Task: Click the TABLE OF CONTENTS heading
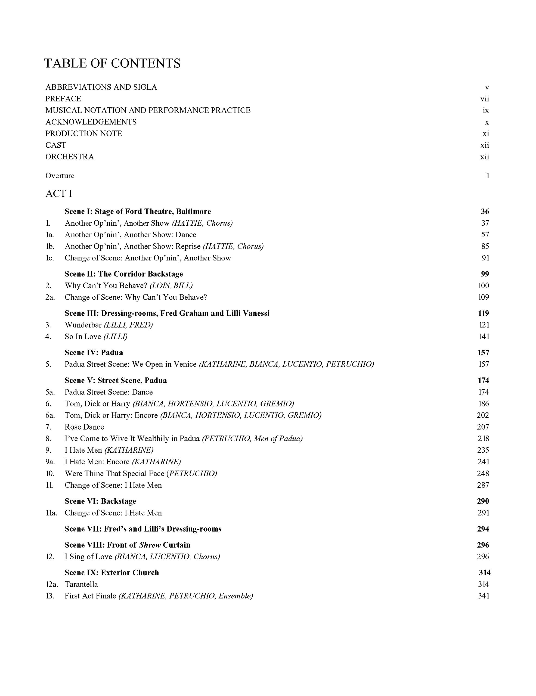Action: click(x=112, y=63)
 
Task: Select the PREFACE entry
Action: click(x=63, y=99)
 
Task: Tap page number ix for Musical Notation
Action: click(x=486, y=111)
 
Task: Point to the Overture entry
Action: click(x=60, y=176)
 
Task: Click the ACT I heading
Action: click(x=59, y=194)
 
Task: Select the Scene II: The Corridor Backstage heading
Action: click(x=124, y=274)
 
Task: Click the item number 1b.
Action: click(x=50, y=246)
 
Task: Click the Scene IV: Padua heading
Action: click(x=94, y=352)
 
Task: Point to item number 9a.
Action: click(x=50, y=462)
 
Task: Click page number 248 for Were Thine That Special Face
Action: click(x=483, y=474)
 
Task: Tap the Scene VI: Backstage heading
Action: click(x=100, y=501)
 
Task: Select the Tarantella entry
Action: click(x=81, y=585)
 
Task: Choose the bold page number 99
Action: click(x=485, y=274)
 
